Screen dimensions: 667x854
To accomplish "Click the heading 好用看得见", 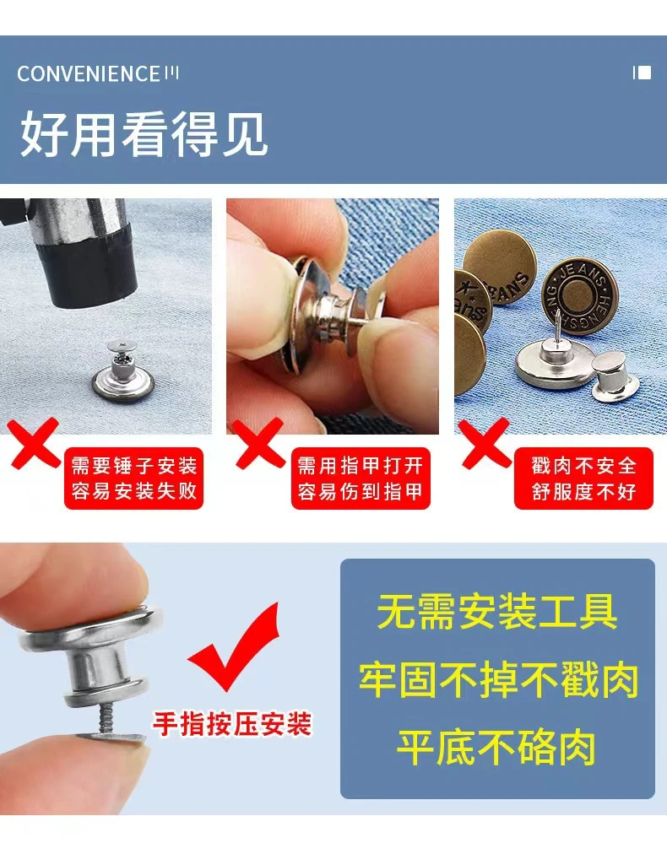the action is (144, 134).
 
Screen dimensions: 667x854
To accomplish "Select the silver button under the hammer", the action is (122, 371).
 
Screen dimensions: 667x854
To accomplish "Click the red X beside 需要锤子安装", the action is (34, 443).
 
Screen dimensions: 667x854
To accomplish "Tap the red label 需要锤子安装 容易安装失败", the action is (134, 478).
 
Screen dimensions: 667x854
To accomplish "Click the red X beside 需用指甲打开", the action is (260, 443).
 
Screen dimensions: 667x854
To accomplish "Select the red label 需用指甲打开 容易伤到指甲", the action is (361, 478).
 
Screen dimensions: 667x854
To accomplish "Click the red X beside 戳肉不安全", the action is (485, 443).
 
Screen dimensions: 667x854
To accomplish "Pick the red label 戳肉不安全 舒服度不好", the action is (583, 478).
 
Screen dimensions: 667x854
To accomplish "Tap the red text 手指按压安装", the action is (232, 724).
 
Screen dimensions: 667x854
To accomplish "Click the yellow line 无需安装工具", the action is (497, 612).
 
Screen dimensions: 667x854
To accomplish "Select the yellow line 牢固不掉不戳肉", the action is (498, 679).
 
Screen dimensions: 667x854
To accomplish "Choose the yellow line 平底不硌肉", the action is (496, 748).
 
